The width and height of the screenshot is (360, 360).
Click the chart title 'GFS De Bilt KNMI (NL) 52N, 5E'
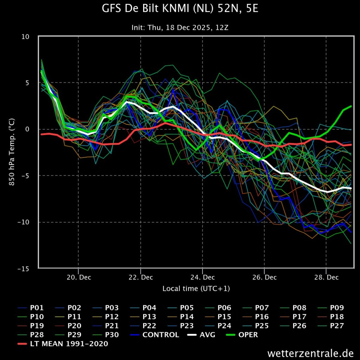180,9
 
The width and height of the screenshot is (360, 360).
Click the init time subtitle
180,27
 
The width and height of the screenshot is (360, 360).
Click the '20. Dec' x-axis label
78,277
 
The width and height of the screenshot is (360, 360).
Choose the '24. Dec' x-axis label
202,277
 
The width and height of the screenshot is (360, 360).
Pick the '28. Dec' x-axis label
327,277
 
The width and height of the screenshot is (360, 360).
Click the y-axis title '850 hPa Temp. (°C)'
12,152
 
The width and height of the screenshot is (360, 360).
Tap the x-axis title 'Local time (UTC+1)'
196,289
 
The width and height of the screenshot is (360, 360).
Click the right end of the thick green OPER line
351,106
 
